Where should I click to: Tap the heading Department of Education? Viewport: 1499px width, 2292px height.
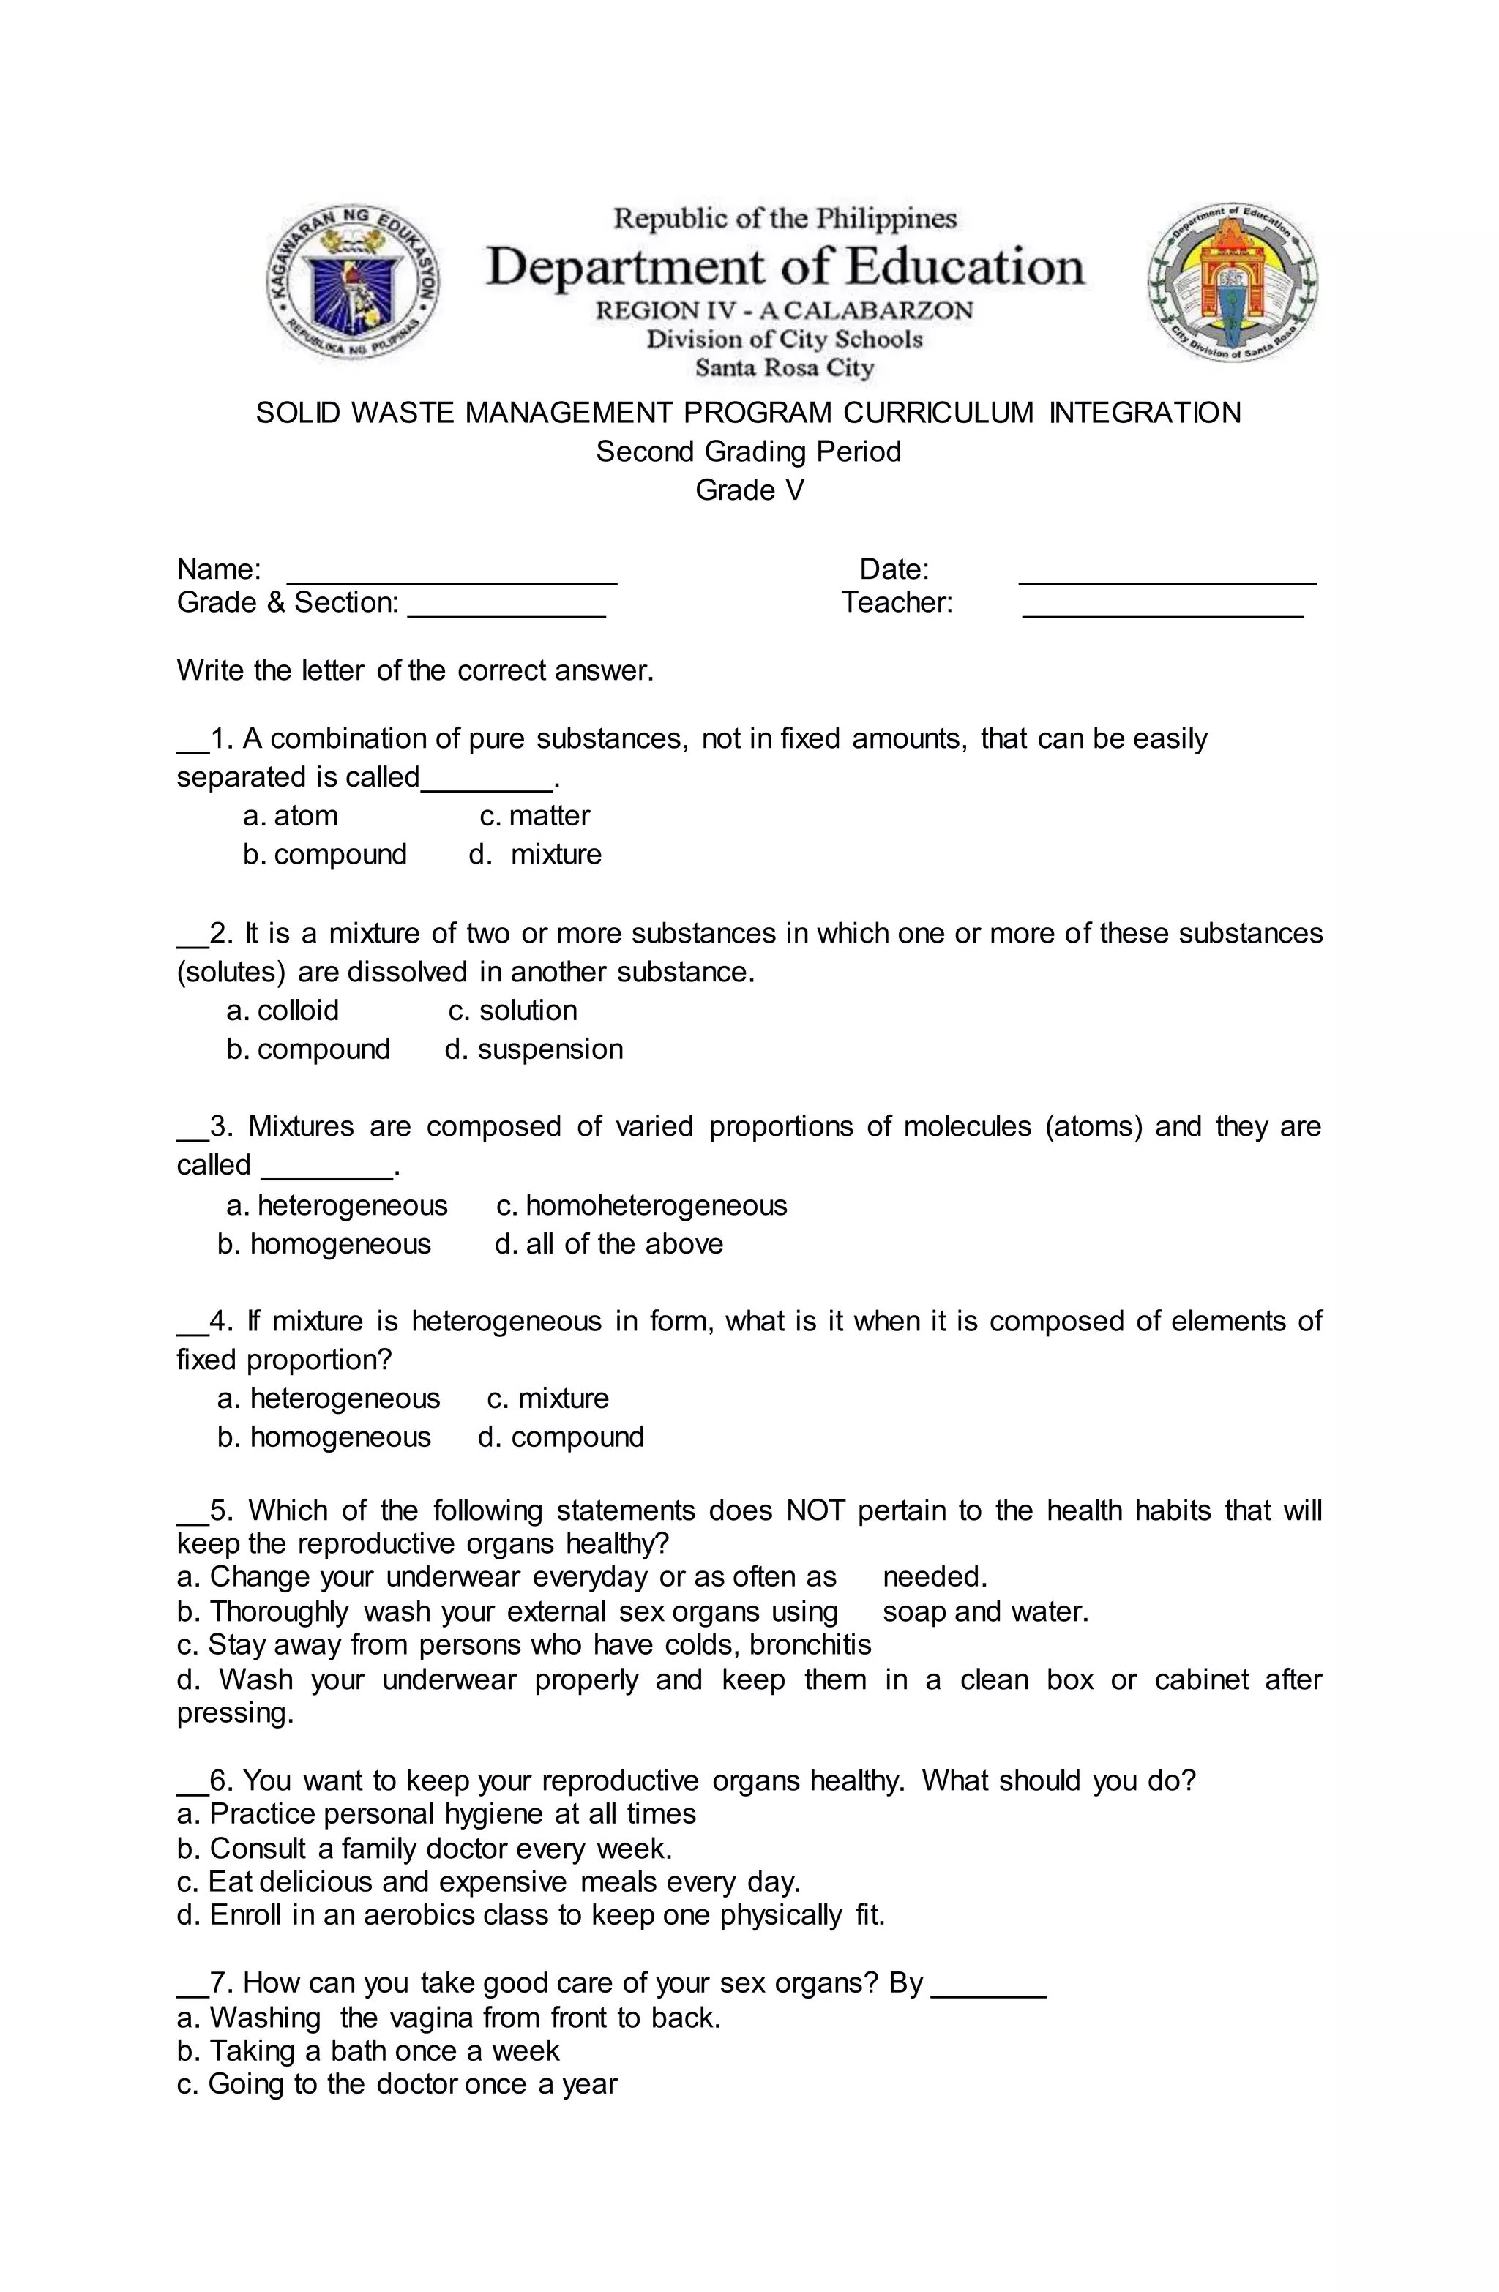coord(785,267)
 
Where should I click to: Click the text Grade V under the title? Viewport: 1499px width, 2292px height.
coord(749,490)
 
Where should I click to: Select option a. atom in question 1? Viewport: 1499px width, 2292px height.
coord(290,816)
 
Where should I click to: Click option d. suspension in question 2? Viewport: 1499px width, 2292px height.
coord(534,1049)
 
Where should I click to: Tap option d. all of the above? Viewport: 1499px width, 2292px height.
coord(609,1243)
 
